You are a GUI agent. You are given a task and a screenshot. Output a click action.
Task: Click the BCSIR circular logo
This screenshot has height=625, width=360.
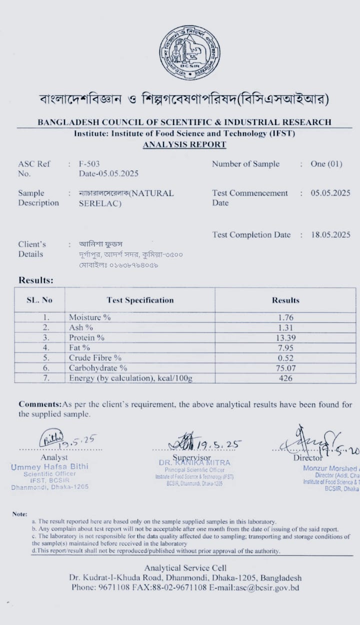click(x=189, y=53)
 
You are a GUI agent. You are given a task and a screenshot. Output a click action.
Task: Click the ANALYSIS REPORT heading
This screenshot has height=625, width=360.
click(x=184, y=144)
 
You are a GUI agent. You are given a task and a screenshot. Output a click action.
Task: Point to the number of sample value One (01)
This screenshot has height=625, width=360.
click(x=326, y=164)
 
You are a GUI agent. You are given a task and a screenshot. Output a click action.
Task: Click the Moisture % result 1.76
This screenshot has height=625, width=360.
click(x=285, y=317)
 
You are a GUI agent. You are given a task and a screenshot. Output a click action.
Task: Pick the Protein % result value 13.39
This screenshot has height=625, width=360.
click(x=285, y=337)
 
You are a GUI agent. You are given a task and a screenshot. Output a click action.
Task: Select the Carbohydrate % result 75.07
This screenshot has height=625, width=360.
click(x=285, y=368)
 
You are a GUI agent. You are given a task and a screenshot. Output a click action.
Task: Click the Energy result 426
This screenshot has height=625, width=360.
click(x=285, y=378)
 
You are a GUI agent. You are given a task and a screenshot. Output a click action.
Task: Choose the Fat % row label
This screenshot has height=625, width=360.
click(x=79, y=347)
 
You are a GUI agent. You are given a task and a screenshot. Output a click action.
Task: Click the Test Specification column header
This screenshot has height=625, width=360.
click(x=140, y=300)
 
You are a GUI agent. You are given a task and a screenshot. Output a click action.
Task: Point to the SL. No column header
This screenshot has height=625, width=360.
click(x=39, y=300)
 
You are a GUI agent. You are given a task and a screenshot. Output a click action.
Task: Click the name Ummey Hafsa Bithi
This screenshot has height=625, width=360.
click(x=49, y=466)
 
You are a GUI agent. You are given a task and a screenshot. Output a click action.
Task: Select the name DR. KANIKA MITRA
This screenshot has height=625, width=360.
click(x=194, y=463)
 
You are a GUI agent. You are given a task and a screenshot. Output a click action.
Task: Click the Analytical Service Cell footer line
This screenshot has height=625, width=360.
click(x=185, y=567)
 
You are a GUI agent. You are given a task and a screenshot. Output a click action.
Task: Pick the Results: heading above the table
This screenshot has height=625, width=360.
click(x=36, y=280)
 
